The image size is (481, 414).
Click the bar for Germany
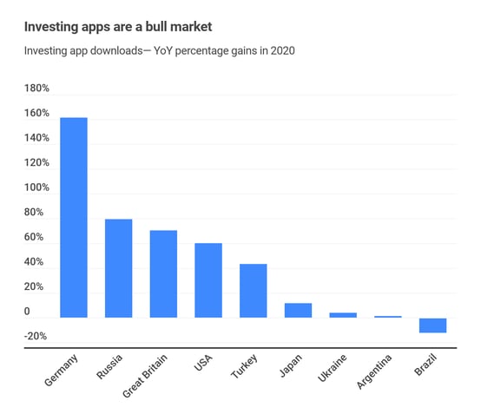pyautogui.click(x=73, y=218)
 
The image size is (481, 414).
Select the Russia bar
pyautogui.click(x=118, y=268)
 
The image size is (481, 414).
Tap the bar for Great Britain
pyautogui.click(x=163, y=274)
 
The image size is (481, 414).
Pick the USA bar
pyautogui.click(x=208, y=280)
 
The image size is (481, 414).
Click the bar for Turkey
pyautogui.click(x=253, y=291)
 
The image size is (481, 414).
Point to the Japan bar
pyautogui.click(x=298, y=310)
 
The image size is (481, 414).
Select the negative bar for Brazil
pyautogui.click(x=432, y=325)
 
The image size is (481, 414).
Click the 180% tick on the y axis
pyautogui.click(x=37, y=89)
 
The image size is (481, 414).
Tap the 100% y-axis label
pyautogui.click(x=37, y=187)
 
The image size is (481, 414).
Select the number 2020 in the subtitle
pyautogui.click(x=282, y=51)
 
